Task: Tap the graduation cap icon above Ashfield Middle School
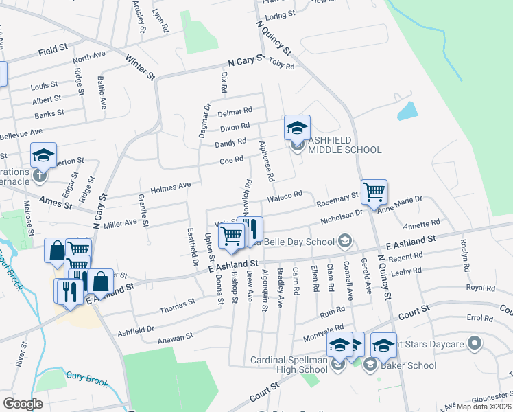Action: click(297, 128)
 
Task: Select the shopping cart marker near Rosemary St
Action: click(374, 192)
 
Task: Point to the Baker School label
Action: click(410, 365)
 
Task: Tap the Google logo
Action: click(23, 403)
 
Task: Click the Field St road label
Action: click(53, 50)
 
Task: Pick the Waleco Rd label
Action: click(285, 196)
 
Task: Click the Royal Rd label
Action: click(479, 288)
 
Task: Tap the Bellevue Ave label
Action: click(23, 132)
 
